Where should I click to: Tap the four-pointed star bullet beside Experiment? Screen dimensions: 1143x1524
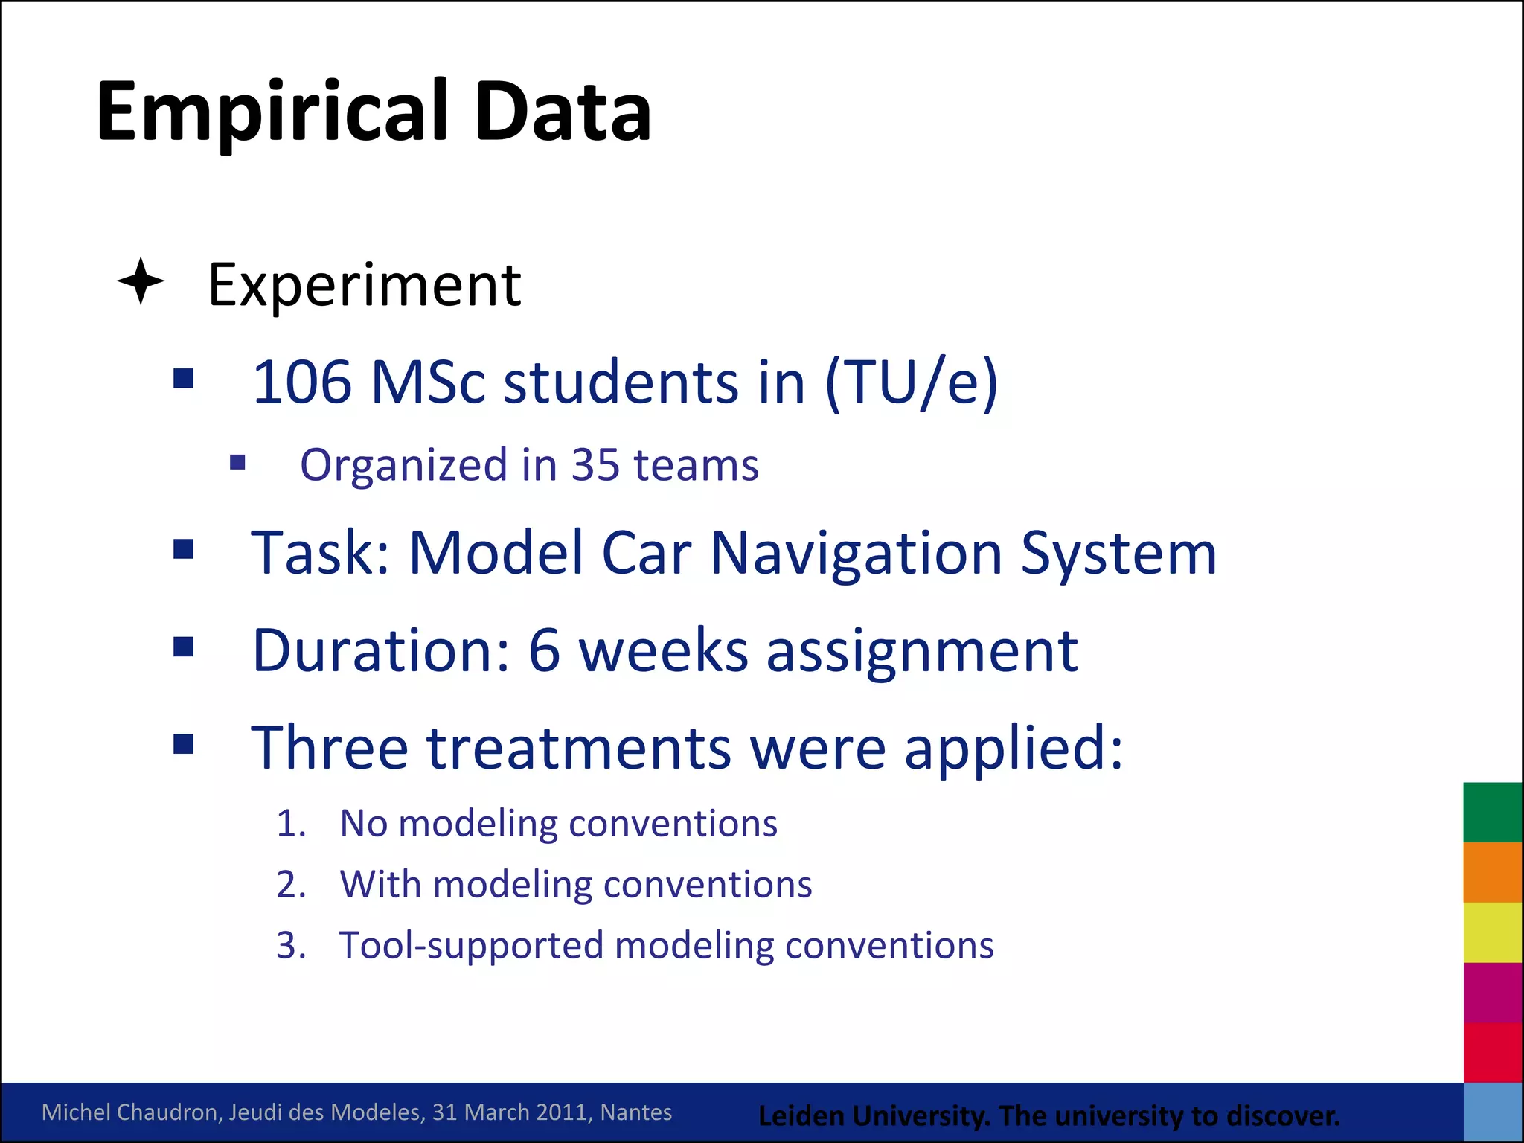141,281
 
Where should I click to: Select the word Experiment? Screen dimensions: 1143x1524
364,286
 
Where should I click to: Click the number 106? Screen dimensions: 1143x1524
301,382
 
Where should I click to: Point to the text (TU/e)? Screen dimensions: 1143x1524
911,382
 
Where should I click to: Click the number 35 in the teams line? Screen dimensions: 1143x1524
595,465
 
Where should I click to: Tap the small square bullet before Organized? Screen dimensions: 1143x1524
237,464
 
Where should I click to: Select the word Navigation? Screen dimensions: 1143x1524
857,554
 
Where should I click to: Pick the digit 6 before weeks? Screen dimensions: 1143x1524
544,651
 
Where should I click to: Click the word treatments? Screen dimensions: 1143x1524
579,748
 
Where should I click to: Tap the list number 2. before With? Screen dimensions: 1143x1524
291,886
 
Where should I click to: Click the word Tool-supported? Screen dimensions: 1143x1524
471,947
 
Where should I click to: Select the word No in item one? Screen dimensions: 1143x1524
363,825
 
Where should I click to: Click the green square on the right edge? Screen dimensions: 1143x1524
1492,812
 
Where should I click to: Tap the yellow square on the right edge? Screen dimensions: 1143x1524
1492,932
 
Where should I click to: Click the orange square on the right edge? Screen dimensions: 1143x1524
1492,872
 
